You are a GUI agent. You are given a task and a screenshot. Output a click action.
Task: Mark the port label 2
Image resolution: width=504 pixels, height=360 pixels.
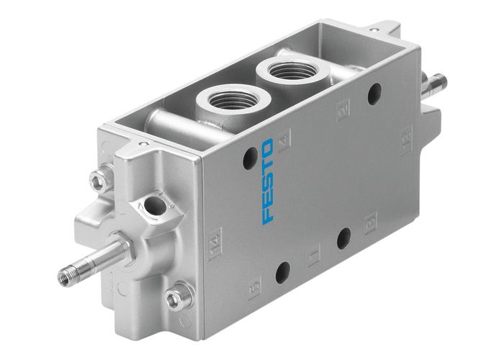(343, 110)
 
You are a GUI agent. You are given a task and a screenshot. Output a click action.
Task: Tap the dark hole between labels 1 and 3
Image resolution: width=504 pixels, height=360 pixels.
(343, 238)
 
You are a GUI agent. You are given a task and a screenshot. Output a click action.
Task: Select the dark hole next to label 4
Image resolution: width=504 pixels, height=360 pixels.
(250, 158)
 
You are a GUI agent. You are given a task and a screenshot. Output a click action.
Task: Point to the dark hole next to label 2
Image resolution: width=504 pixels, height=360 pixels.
(374, 93)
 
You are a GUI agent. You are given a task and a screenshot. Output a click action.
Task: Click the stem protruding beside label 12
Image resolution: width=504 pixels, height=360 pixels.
(435, 84)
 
